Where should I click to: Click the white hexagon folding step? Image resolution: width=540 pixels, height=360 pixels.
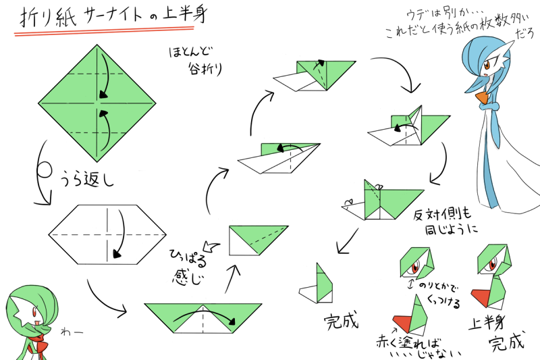(x=108, y=234)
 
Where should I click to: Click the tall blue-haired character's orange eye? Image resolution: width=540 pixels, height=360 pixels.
(x=487, y=66)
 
